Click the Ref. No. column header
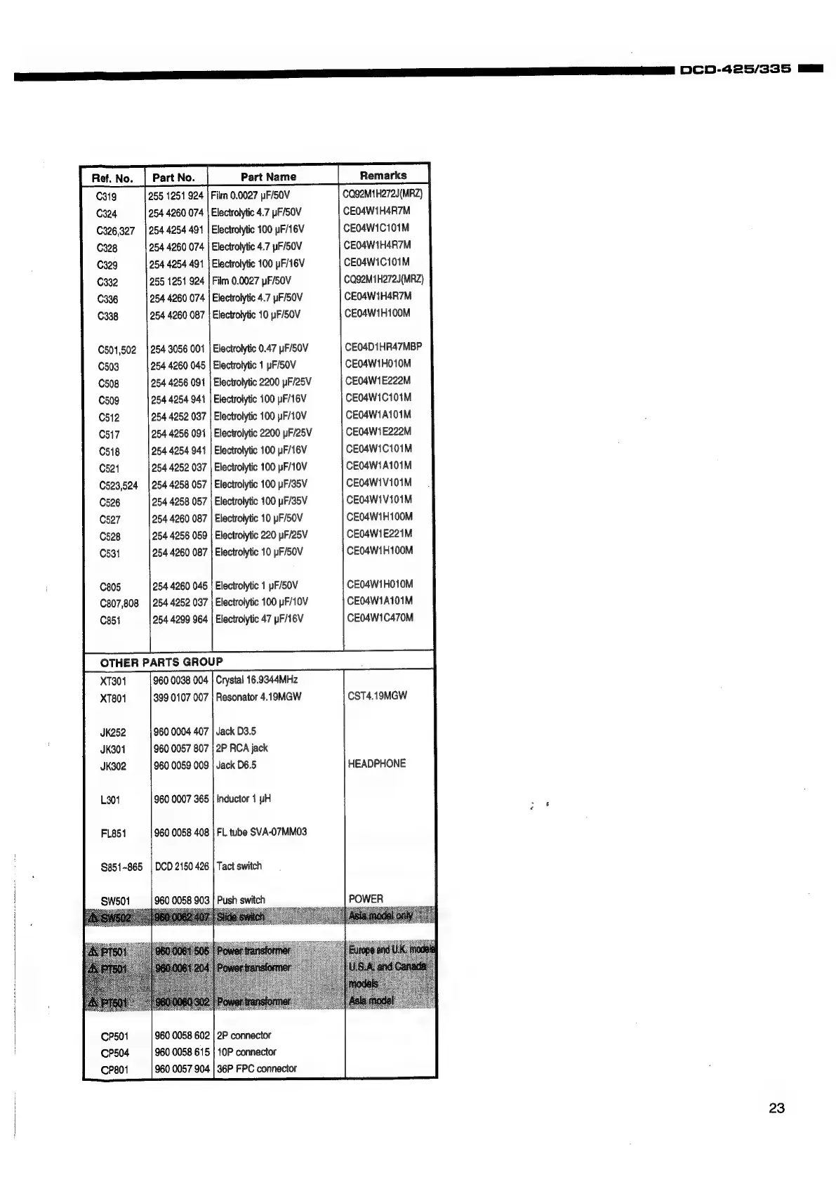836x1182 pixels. pyautogui.click(x=112, y=178)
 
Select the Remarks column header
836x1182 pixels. pyautogui.click(x=383, y=176)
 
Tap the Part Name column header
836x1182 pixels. pyautogui.click(x=268, y=177)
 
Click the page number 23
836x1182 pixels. pyautogui.click(x=776, y=1108)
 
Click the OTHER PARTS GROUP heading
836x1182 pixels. pyautogui.click(x=161, y=662)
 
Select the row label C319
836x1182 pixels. pyautogui.click(x=107, y=197)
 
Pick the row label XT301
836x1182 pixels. pyautogui.click(x=113, y=681)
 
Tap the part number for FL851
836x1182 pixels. pyautogui.click(x=181, y=832)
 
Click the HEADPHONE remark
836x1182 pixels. pyautogui.click(x=376, y=763)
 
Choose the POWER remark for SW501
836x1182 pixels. pyautogui.click(x=366, y=899)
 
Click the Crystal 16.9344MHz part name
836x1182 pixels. pyautogui.click(x=256, y=680)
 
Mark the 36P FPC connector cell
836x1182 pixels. pyautogui.click(x=256, y=1069)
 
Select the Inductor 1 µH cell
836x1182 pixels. pyautogui.click(x=243, y=799)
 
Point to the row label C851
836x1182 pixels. pyautogui.click(x=110, y=620)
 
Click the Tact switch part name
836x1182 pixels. pyautogui.click(x=239, y=866)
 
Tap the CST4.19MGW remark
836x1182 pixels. pyautogui.click(x=377, y=696)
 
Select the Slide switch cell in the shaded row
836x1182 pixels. pyautogui.click(x=240, y=917)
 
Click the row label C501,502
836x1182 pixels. pyautogui.click(x=117, y=350)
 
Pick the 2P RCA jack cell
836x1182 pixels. pyautogui.click(x=241, y=748)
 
